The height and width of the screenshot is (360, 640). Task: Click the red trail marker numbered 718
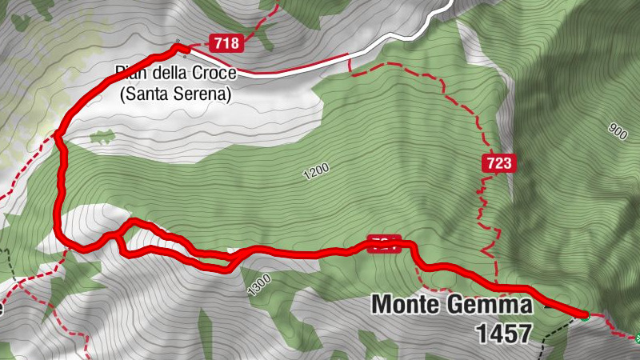coord(226,43)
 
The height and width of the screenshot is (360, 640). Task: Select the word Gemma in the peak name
coord(494,306)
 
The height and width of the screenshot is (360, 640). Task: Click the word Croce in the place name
coord(213,74)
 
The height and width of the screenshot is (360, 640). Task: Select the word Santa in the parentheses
coord(145,94)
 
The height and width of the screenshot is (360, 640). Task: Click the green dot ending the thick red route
coord(585,316)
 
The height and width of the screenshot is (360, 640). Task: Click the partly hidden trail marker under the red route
coord(382,242)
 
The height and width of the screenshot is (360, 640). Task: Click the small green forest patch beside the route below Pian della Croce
coord(102,137)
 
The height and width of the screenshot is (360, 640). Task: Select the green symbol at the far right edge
coord(637,338)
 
